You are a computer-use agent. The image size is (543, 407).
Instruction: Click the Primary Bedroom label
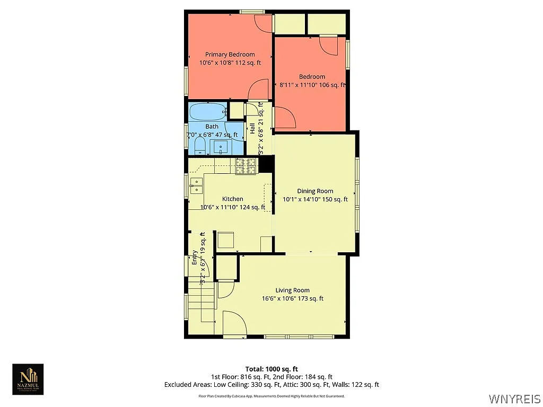[x=230, y=55]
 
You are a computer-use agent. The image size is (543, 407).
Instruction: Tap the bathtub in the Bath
[x=208, y=112]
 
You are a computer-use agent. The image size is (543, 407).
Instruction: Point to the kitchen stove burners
[x=246, y=166]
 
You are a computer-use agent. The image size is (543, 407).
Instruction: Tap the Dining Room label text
[x=315, y=191]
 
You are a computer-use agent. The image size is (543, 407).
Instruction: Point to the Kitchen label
[x=233, y=199]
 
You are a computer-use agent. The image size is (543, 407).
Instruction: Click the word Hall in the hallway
[x=252, y=128]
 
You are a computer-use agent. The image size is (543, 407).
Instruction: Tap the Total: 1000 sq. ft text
[x=271, y=369]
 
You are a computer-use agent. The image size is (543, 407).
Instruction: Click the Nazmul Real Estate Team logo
[x=28, y=379]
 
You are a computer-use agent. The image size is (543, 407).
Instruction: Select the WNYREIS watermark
[x=515, y=398]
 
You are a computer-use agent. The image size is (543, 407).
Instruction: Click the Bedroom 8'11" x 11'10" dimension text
[x=312, y=85]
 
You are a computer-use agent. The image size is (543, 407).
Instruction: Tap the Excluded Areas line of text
[x=271, y=385]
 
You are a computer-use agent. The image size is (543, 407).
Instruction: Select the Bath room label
[x=212, y=126]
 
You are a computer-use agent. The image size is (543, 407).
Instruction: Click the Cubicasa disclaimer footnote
[x=271, y=396]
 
